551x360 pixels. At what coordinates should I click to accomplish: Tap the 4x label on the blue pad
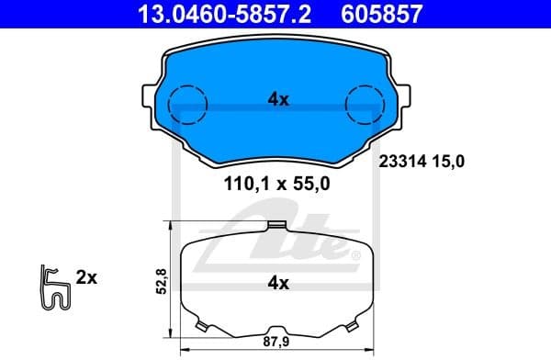(278, 100)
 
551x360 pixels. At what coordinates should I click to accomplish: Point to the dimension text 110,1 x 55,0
(276, 183)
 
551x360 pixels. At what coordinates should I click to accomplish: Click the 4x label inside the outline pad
(277, 284)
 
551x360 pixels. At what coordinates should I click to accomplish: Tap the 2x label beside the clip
(87, 276)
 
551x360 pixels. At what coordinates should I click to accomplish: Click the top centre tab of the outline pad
(275, 226)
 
